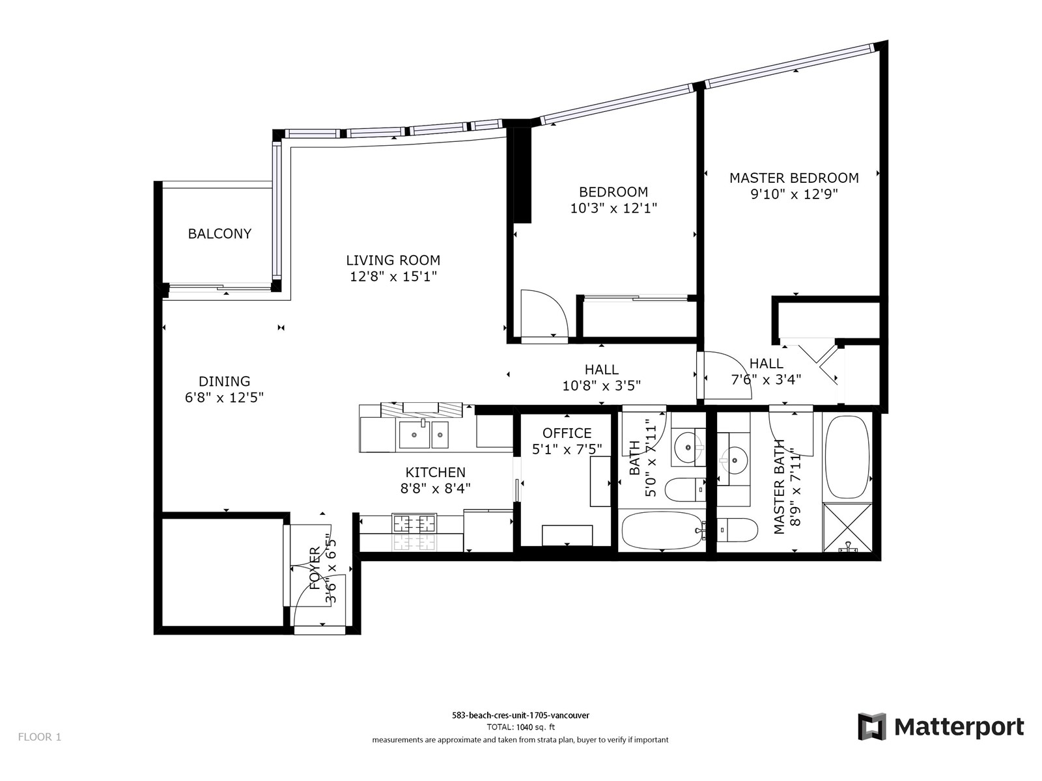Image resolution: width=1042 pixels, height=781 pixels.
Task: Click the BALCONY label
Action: pos(219,233)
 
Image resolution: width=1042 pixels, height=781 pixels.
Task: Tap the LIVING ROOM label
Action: pos(393,260)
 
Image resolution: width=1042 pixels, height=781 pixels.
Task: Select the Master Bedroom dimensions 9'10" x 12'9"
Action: pos(794,194)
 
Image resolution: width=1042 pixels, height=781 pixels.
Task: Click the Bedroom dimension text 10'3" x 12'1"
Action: pos(613,208)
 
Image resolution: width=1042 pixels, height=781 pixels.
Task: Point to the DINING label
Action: pos(224,381)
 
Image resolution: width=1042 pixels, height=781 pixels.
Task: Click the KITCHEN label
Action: pos(435,472)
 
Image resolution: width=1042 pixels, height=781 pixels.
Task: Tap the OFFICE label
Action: pos(567,433)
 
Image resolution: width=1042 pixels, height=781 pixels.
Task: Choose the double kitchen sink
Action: pos(423,434)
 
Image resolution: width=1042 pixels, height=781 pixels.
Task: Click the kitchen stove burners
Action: pos(414,523)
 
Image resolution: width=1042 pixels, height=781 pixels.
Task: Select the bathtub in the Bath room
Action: pos(661,530)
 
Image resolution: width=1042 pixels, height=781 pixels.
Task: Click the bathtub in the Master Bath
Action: pos(847,457)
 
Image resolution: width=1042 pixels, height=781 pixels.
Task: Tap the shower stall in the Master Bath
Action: pos(847,528)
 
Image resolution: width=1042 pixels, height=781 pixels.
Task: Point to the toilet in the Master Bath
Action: pos(737,530)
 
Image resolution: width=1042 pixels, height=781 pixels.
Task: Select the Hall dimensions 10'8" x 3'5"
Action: pos(602,385)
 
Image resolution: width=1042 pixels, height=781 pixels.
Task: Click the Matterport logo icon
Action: pos(871,726)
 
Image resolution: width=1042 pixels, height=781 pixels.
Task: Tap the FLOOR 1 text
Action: pos(40,737)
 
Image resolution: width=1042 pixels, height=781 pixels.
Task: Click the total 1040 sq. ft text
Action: pos(521,727)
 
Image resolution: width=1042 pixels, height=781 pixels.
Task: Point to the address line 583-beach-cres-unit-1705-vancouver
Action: pos(521,715)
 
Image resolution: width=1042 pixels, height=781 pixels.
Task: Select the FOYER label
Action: pos(315,568)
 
